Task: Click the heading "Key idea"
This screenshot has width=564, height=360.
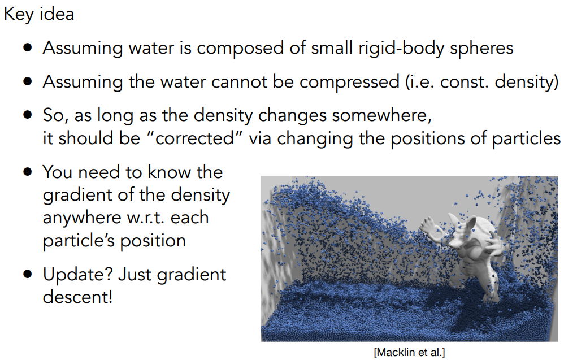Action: click(39, 14)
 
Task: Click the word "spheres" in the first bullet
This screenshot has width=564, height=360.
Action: click(481, 48)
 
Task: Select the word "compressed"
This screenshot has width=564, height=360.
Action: click(349, 83)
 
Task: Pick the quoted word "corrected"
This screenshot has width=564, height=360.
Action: click(194, 138)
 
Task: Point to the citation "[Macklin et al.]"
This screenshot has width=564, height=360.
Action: click(409, 352)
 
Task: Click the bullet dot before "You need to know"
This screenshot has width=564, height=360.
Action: click(28, 172)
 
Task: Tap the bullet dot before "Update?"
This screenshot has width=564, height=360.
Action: click(28, 275)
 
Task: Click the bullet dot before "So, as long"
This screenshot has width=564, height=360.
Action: click(28, 115)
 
